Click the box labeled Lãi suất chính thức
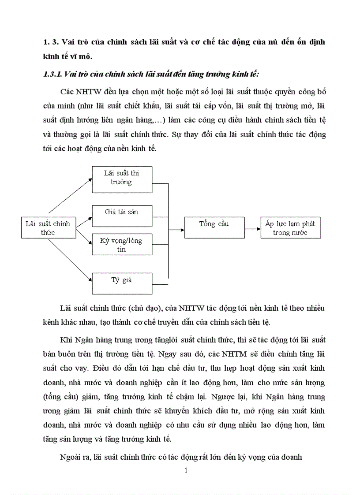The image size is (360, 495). pos(48,227)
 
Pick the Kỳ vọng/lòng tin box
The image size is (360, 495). pos(121,245)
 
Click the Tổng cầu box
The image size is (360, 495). pos(214,227)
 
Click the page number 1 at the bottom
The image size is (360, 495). pos(186,470)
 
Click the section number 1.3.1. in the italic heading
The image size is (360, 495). pos(52,74)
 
